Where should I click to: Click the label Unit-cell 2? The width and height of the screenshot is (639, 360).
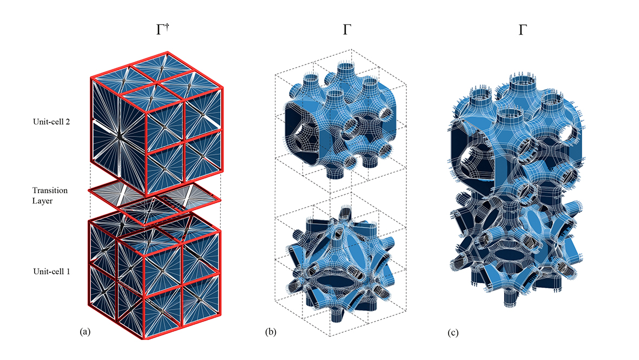point(51,121)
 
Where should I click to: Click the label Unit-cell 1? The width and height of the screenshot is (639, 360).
point(51,271)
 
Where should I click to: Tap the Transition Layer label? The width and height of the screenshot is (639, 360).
point(50,195)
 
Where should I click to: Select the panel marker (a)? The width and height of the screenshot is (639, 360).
point(85,331)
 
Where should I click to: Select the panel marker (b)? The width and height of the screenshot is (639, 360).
point(271,332)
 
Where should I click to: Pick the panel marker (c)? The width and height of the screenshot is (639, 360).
point(453,333)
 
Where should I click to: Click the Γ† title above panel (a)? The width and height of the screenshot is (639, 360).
point(162,29)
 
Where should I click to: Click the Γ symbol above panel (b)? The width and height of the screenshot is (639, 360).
point(347,30)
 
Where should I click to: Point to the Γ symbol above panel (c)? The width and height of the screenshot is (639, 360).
point(523,30)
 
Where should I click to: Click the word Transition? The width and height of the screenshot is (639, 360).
point(50,191)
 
